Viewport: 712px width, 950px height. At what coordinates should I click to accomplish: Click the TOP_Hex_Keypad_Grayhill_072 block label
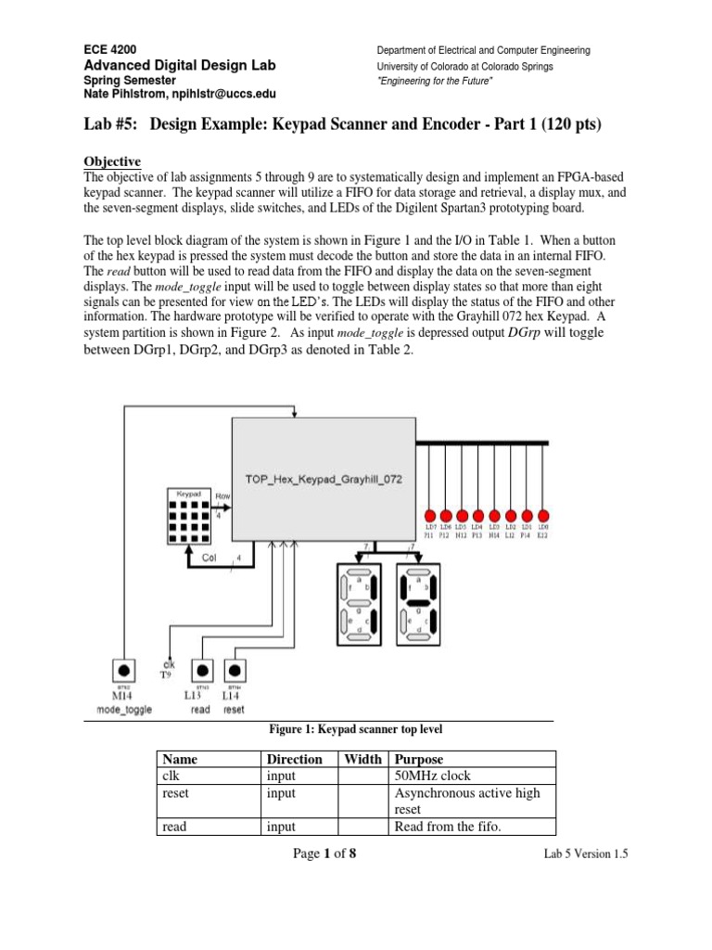[324, 478]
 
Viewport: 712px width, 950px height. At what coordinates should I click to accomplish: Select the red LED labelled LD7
[429, 515]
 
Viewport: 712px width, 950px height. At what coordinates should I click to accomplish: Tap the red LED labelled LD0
[544, 515]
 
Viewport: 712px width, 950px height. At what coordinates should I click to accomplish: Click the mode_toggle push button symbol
[123, 669]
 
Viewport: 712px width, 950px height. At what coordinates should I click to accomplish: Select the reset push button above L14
[235, 669]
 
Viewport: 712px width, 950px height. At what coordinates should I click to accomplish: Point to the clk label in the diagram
[168, 664]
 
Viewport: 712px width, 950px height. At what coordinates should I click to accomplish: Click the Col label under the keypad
[210, 558]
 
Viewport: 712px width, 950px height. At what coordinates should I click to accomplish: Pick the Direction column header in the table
[294, 759]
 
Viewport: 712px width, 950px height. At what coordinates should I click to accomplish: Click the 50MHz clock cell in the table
[428, 776]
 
